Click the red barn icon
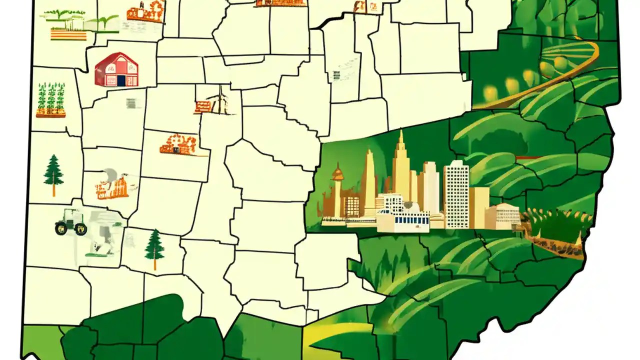(116, 69)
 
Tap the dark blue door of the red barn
(120, 80)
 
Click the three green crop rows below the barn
(51, 99)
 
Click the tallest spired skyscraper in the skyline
(400, 165)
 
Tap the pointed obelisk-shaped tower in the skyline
(369, 180)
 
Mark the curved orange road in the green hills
(545, 80)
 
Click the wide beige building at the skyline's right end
(502, 216)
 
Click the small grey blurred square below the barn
(131, 103)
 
